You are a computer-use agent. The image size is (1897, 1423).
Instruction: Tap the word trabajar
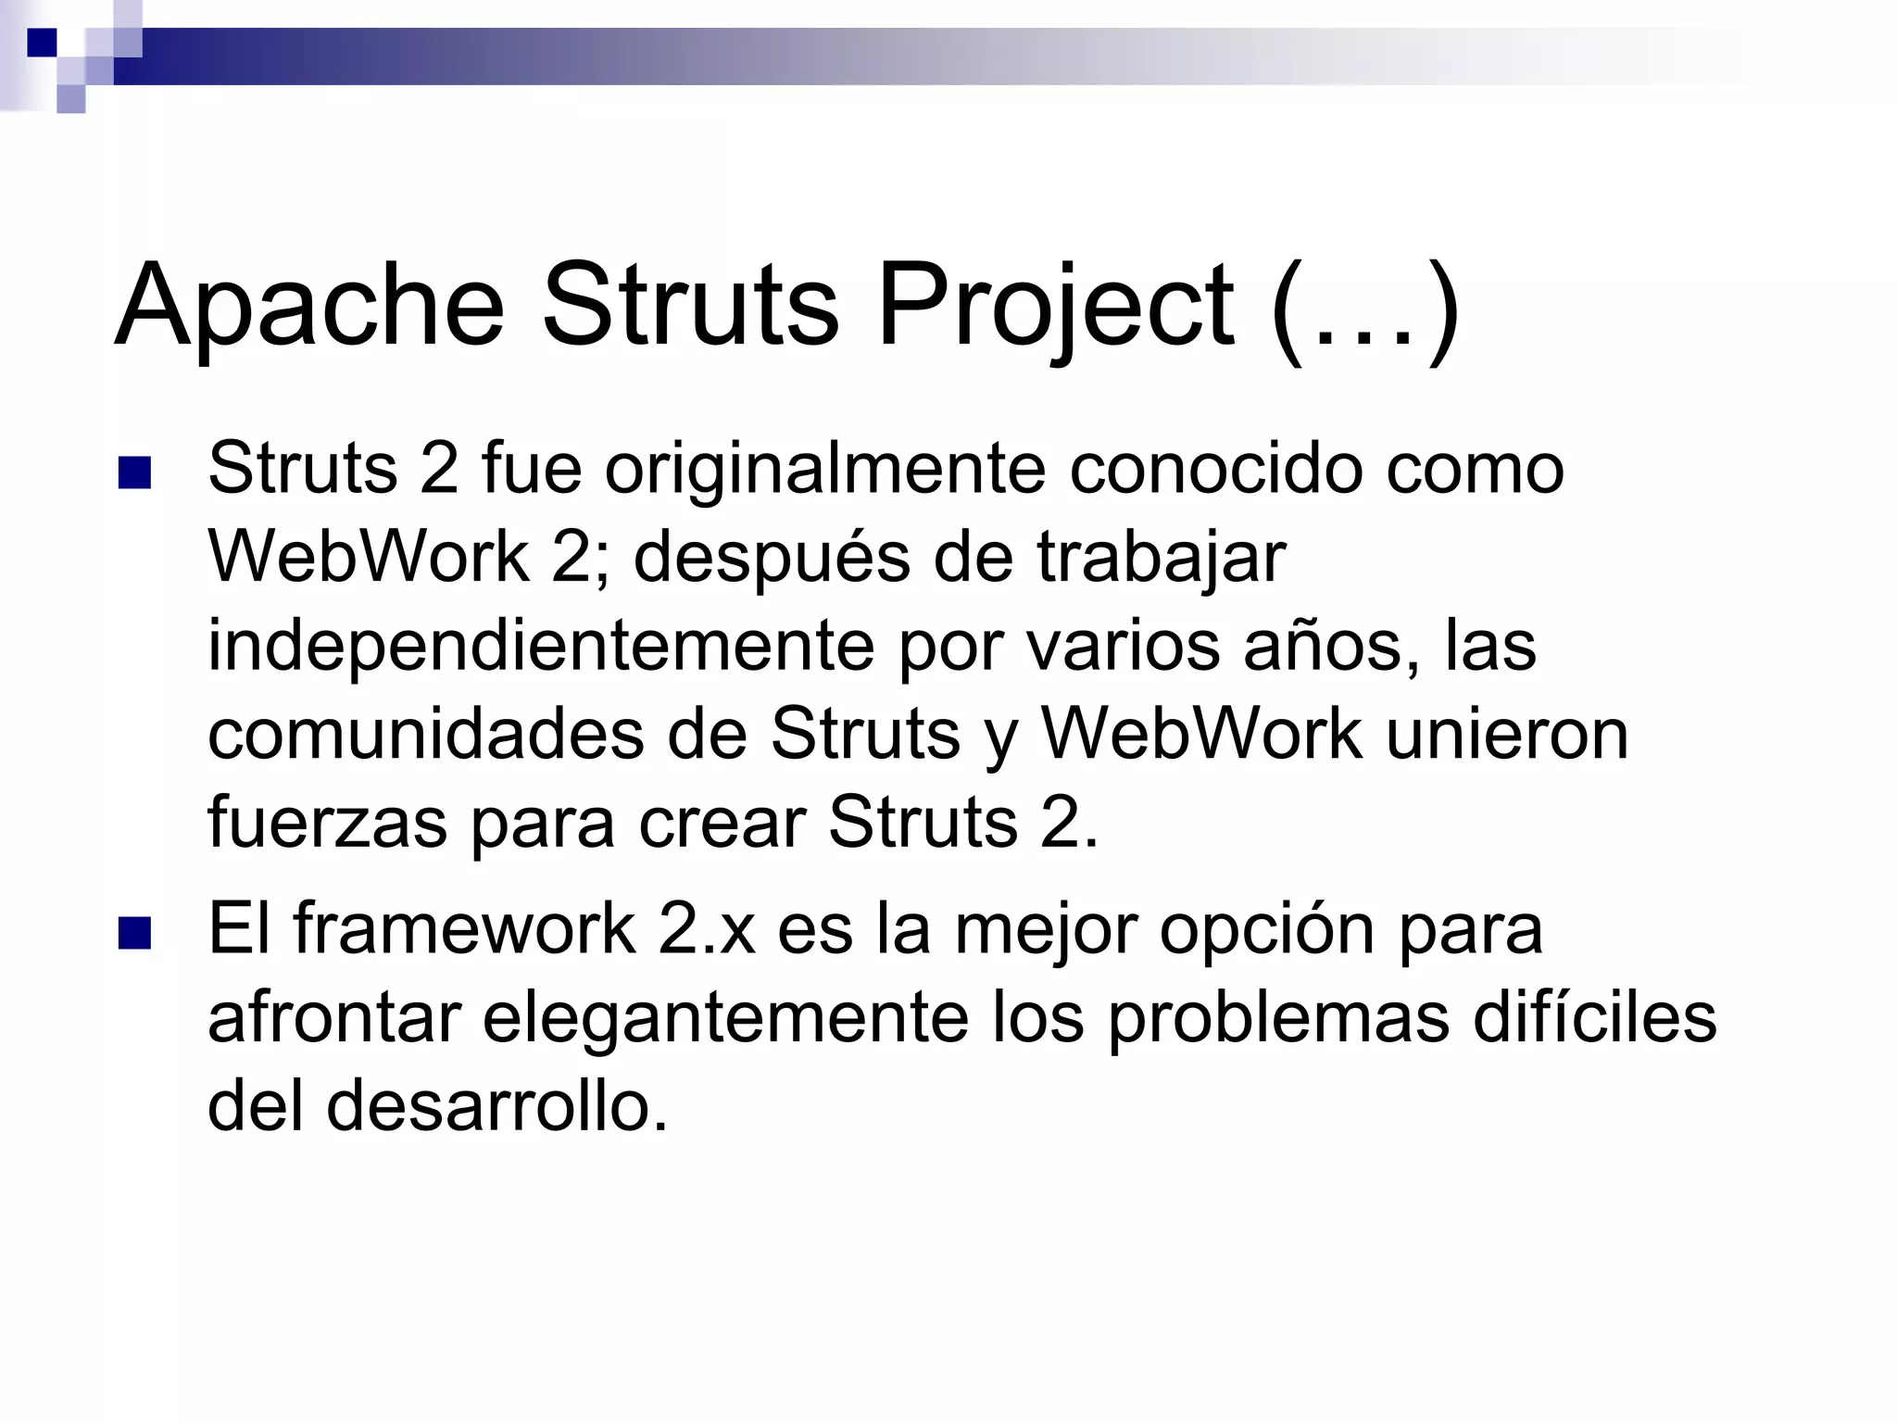(x=1162, y=558)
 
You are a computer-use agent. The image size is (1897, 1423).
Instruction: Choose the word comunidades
(x=425, y=734)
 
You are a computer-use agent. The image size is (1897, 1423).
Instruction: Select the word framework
(x=464, y=930)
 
